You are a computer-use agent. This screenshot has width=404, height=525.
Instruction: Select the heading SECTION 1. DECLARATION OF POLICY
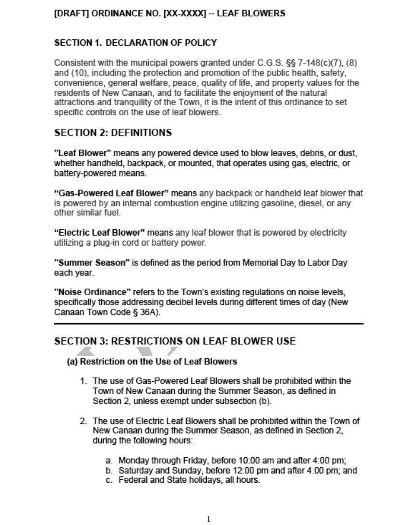click(135, 43)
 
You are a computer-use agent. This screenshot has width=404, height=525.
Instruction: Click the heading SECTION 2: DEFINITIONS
click(113, 132)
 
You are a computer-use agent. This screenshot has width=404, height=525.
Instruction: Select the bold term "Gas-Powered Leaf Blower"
click(112, 193)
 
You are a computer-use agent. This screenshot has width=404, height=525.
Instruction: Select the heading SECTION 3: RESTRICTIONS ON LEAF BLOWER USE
click(175, 341)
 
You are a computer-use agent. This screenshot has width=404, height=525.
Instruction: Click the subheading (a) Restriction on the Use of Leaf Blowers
click(152, 362)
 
